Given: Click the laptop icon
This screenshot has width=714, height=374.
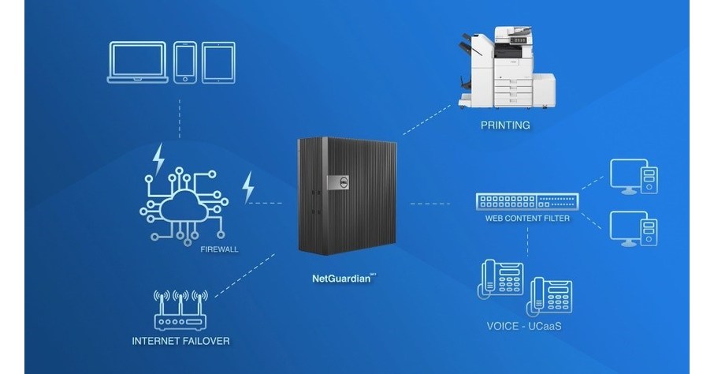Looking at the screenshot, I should tap(137, 62).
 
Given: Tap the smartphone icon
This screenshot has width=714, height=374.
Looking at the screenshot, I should tap(185, 62).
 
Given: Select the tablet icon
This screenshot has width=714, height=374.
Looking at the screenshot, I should tap(218, 62).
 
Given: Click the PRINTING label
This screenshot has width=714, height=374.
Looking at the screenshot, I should tap(505, 125).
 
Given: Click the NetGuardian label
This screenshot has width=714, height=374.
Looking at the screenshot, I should tap(340, 279).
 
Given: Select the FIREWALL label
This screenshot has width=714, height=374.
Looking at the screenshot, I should tap(220, 249).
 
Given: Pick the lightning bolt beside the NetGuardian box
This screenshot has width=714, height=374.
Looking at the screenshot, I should tap(248, 188).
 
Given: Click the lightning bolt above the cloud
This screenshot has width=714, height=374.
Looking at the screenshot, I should tap(159, 158).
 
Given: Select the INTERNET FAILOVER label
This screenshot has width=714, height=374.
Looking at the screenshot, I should tap(180, 342).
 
